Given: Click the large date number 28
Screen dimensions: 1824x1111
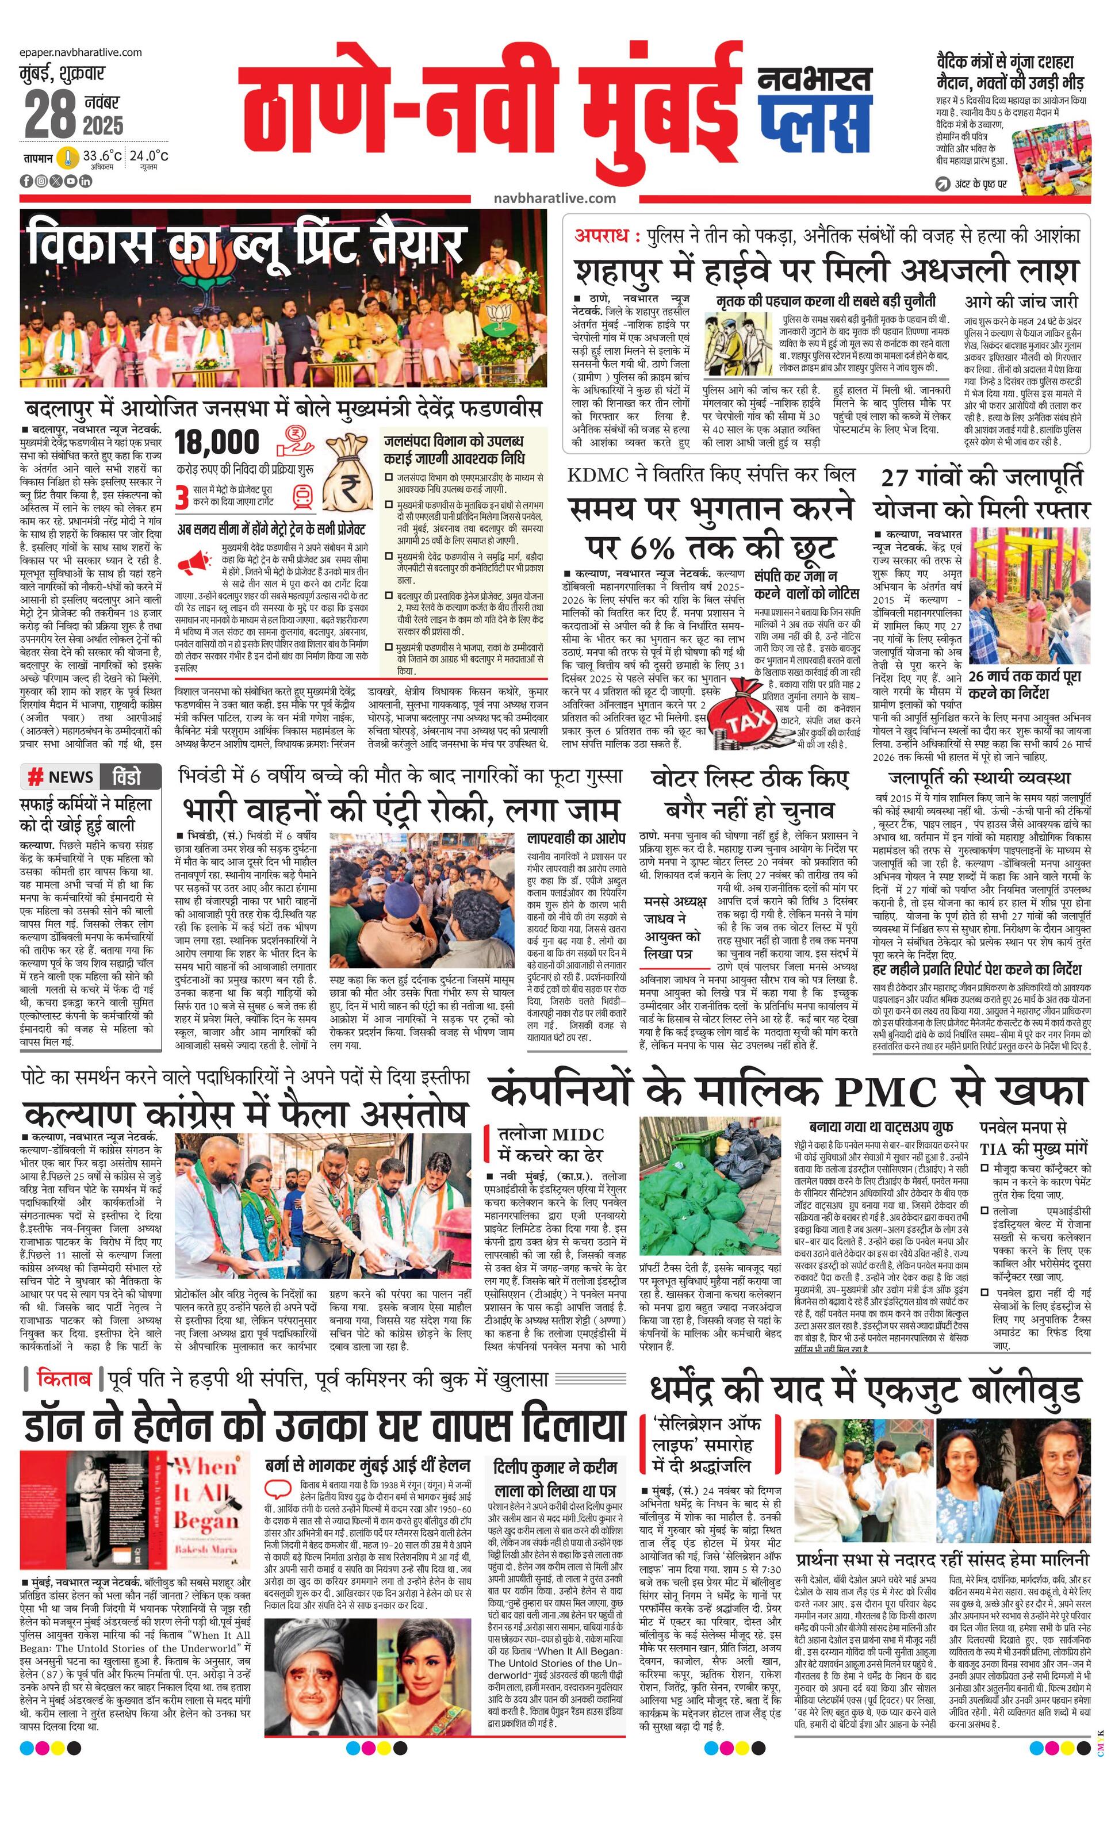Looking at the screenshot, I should click(49, 116).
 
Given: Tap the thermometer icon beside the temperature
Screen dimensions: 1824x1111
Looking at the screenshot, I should click(69, 158).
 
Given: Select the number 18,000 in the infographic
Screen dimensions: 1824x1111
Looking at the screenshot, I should click(217, 443).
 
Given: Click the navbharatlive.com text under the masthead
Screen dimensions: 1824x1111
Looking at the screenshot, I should click(554, 198).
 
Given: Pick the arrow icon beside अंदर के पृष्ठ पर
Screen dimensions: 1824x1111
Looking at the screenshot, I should click(943, 183).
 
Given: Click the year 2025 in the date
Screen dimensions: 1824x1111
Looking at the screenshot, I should click(103, 125).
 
